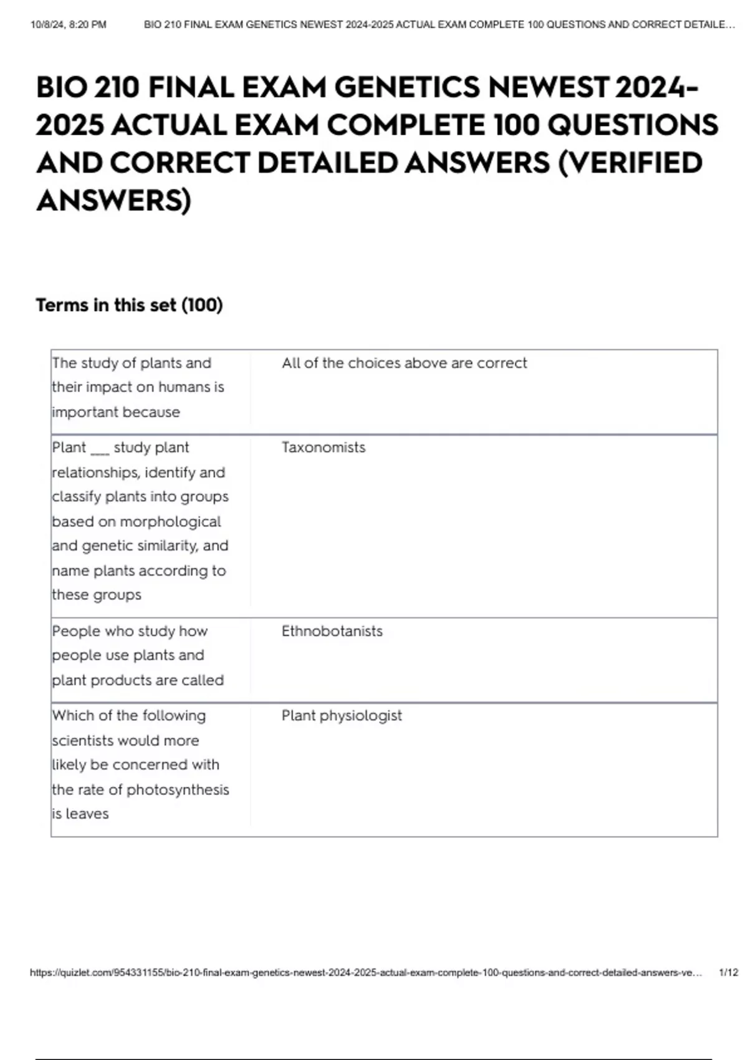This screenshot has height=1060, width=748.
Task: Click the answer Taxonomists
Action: point(323,447)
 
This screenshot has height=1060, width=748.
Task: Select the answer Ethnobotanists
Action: point(332,631)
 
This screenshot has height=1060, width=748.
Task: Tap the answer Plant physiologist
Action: point(342,715)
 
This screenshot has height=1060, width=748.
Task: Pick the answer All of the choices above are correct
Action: point(404,363)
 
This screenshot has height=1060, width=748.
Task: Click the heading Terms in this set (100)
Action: point(129,305)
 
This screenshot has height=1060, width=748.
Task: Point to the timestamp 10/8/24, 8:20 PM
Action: point(69,25)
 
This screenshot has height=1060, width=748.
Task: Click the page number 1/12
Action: point(728,973)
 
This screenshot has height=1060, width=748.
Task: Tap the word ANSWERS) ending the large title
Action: point(113,201)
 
